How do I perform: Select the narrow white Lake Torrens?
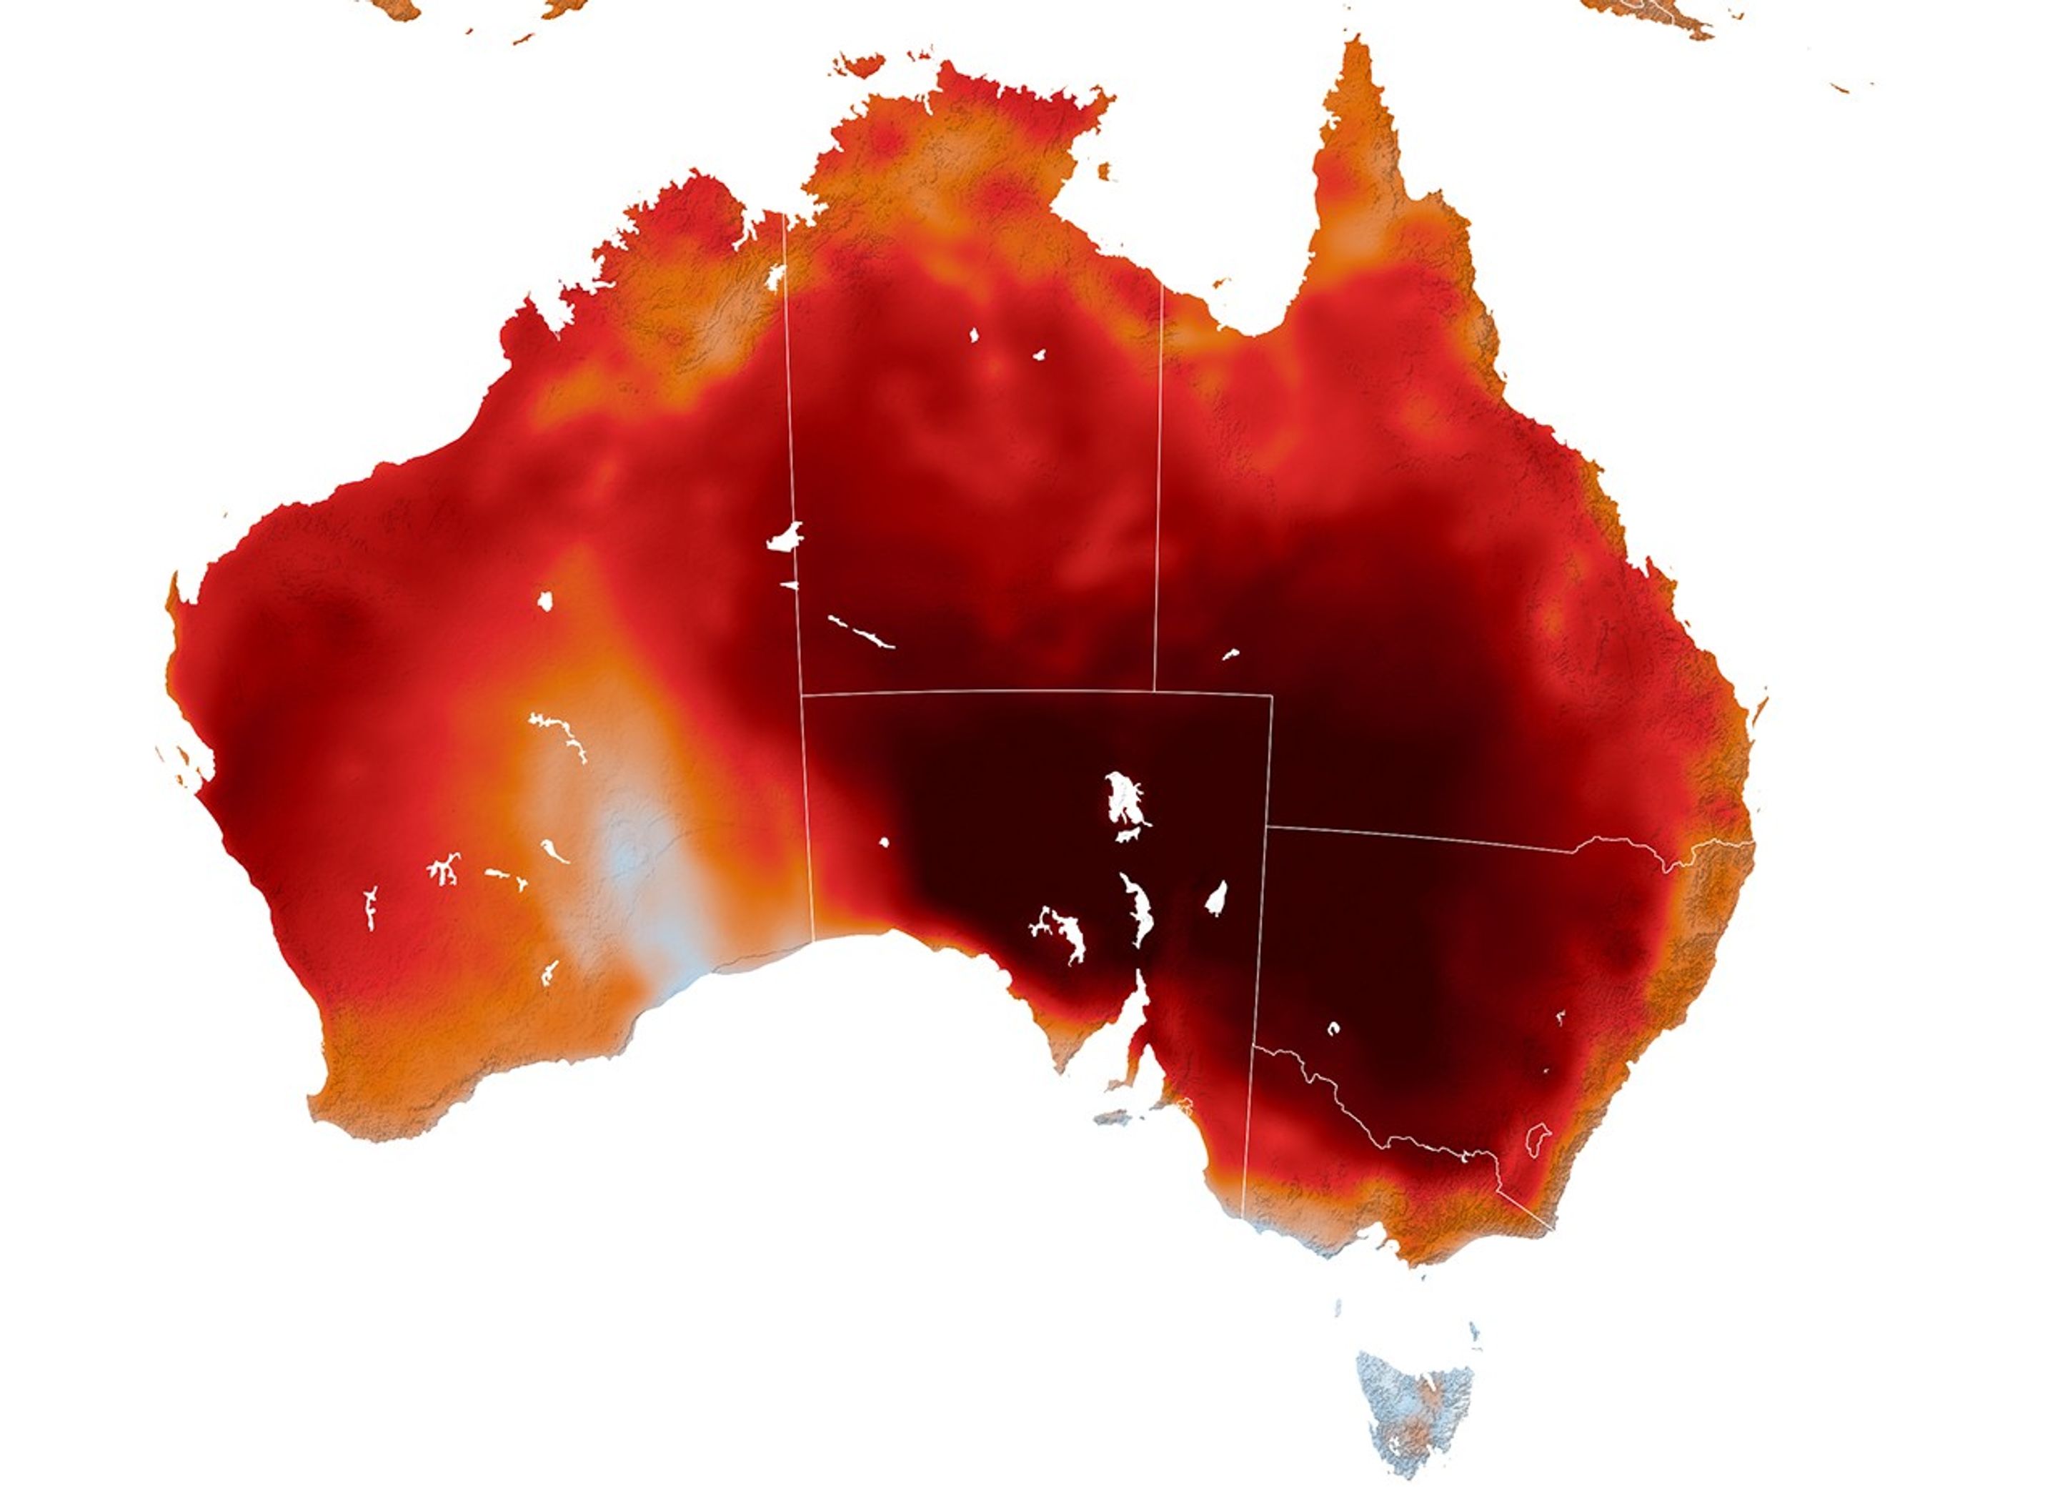[x=1139, y=911]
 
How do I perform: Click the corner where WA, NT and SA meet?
[x=801, y=695]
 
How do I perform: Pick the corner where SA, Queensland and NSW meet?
[x=1268, y=827]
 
